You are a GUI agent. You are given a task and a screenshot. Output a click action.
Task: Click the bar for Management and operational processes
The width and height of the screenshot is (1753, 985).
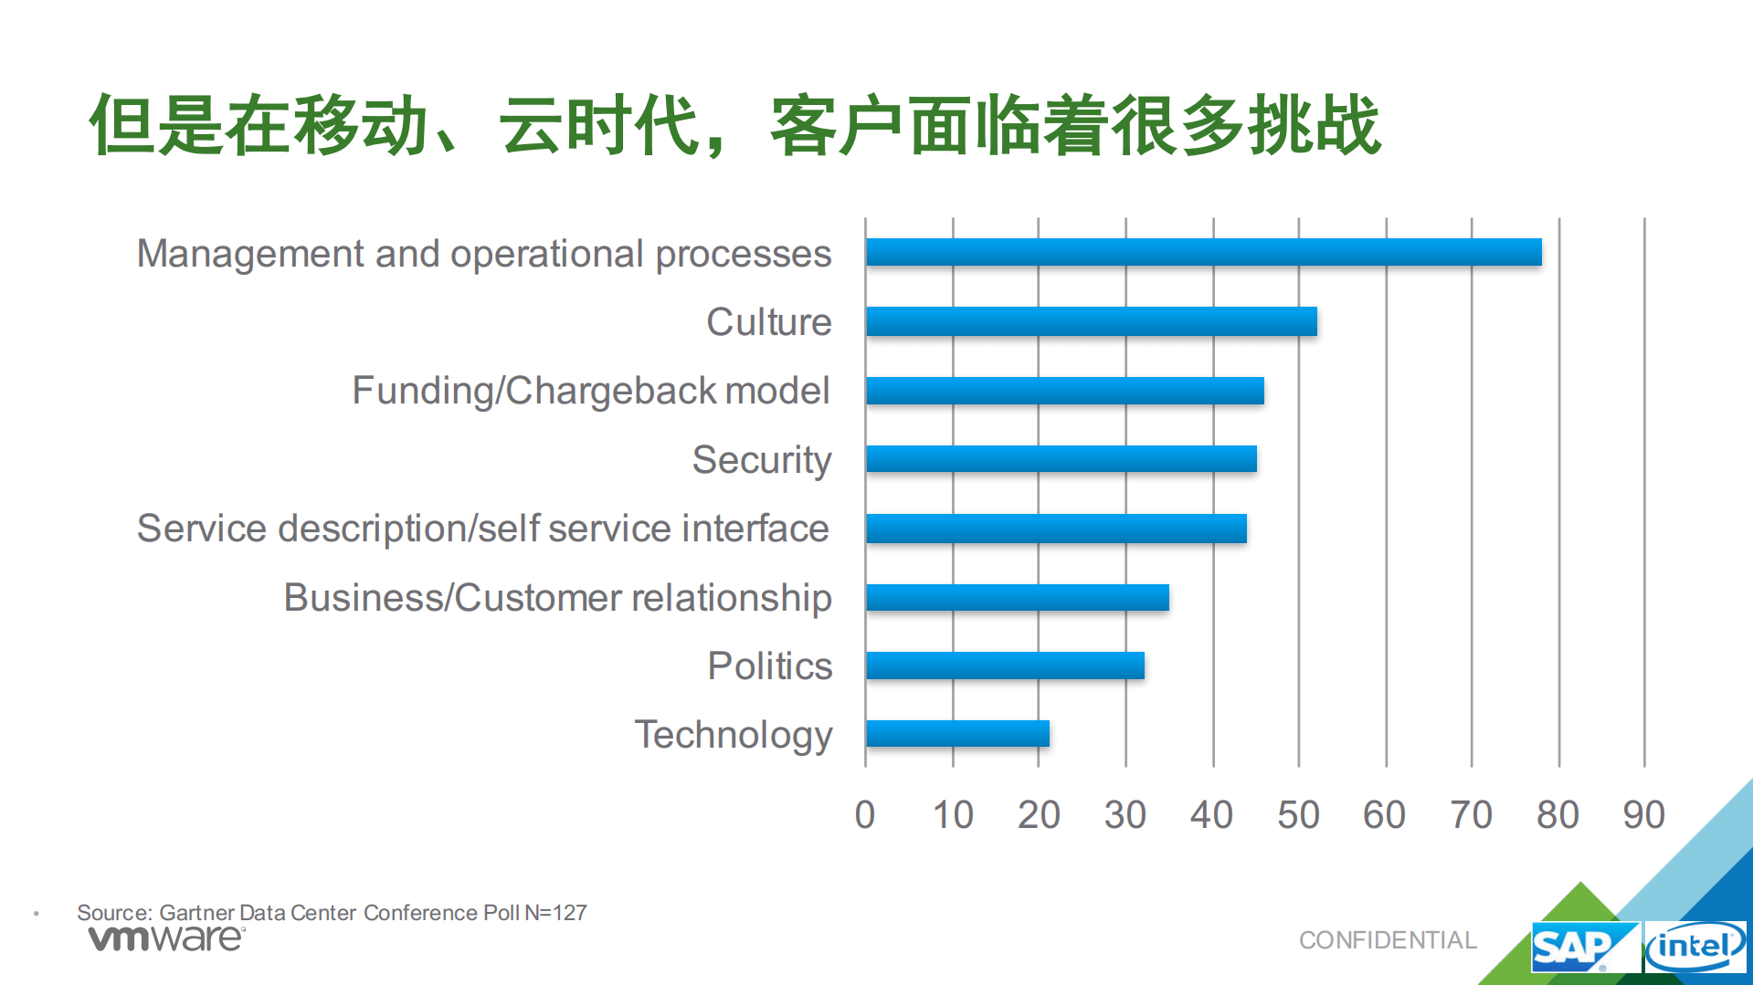[x=1203, y=252]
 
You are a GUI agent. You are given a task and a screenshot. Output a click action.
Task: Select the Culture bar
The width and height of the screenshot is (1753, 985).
[x=1091, y=321]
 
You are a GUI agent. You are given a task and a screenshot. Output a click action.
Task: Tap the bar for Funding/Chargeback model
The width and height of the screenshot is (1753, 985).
[x=1064, y=391]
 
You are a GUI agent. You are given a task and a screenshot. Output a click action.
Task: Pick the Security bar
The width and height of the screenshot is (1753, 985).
[x=1061, y=459]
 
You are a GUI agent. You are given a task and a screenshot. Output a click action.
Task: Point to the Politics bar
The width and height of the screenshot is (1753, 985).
[x=1005, y=665]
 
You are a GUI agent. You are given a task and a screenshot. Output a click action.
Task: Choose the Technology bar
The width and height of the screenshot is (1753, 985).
[x=957, y=734]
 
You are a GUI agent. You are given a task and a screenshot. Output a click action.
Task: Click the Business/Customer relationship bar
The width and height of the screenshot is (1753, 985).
[x=1017, y=598]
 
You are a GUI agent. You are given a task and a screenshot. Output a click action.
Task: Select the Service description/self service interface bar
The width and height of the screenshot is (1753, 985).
[x=1056, y=529]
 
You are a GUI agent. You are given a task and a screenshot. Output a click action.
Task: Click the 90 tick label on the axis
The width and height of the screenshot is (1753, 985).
[x=1643, y=814]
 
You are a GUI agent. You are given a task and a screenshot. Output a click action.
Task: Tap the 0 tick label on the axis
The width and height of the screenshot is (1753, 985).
[x=864, y=814]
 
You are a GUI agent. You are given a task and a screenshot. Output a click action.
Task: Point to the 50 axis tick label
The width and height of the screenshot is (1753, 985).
[x=1298, y=814]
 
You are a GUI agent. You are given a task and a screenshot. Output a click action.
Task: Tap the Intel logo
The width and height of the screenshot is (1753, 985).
[x=1695, y=947]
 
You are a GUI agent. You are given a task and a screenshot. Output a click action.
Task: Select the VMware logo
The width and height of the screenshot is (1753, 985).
[x=166, y=938]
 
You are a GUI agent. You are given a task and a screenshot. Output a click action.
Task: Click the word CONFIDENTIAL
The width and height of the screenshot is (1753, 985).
[x=1388, y=940]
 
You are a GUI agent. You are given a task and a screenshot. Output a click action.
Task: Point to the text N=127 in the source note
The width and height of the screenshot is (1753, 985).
[x=555, y=913]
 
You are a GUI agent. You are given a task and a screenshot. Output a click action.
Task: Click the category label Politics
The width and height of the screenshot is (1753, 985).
[x=770, y=666]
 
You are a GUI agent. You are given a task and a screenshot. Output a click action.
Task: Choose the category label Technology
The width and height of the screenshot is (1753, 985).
[x=734, y=735]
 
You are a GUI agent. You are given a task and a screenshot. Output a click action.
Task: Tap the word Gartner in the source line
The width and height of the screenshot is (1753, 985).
[x=196, y=913]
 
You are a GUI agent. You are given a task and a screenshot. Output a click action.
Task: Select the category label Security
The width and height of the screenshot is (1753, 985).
[x=762, y=460]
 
